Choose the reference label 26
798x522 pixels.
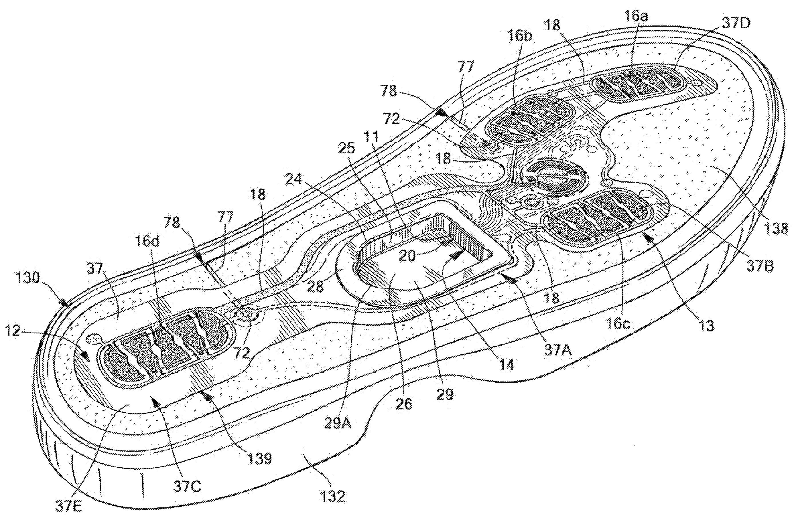point(404,404)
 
